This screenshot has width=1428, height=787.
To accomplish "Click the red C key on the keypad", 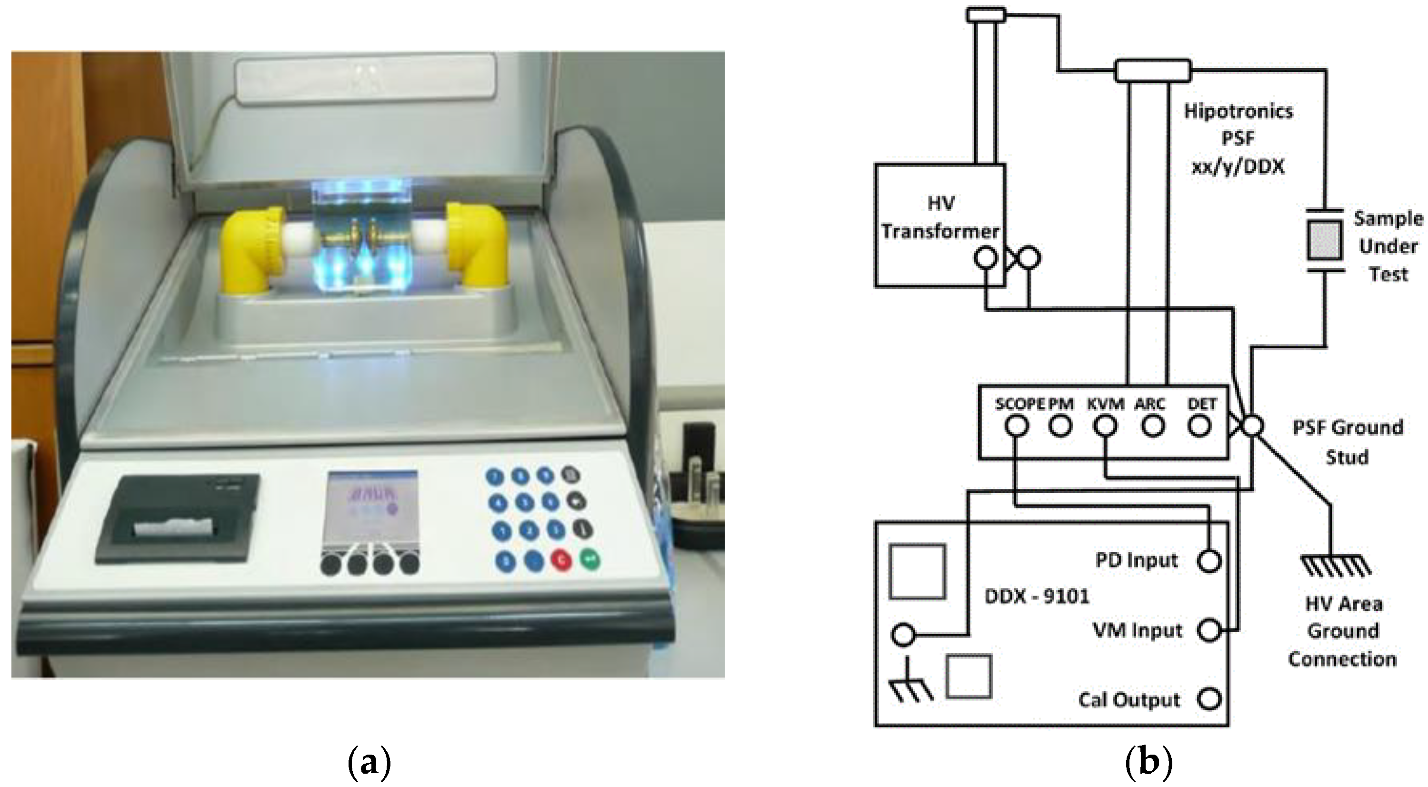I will [x=561, y=560].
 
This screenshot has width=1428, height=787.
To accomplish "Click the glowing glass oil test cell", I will [x=363, y=233].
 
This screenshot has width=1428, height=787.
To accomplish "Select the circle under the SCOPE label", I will [x=1016, y=427].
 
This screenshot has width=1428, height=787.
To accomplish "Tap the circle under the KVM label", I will [x=1105, y=427].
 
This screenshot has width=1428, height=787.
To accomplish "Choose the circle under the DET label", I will [x=1199, y=427].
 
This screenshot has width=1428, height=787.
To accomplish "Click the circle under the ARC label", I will [x=1152, y=427].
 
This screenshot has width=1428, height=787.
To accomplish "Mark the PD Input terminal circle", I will [x=1209, y=561].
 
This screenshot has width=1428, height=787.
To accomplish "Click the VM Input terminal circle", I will [x=1209, y=631].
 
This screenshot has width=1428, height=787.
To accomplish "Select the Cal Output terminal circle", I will [x=1209, y=699].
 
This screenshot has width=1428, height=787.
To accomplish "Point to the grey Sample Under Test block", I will [x=1324, y=240].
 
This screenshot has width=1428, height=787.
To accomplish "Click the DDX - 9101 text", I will [x=1037, y=597].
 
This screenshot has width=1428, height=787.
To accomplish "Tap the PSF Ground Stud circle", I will [x=1251, y=426].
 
